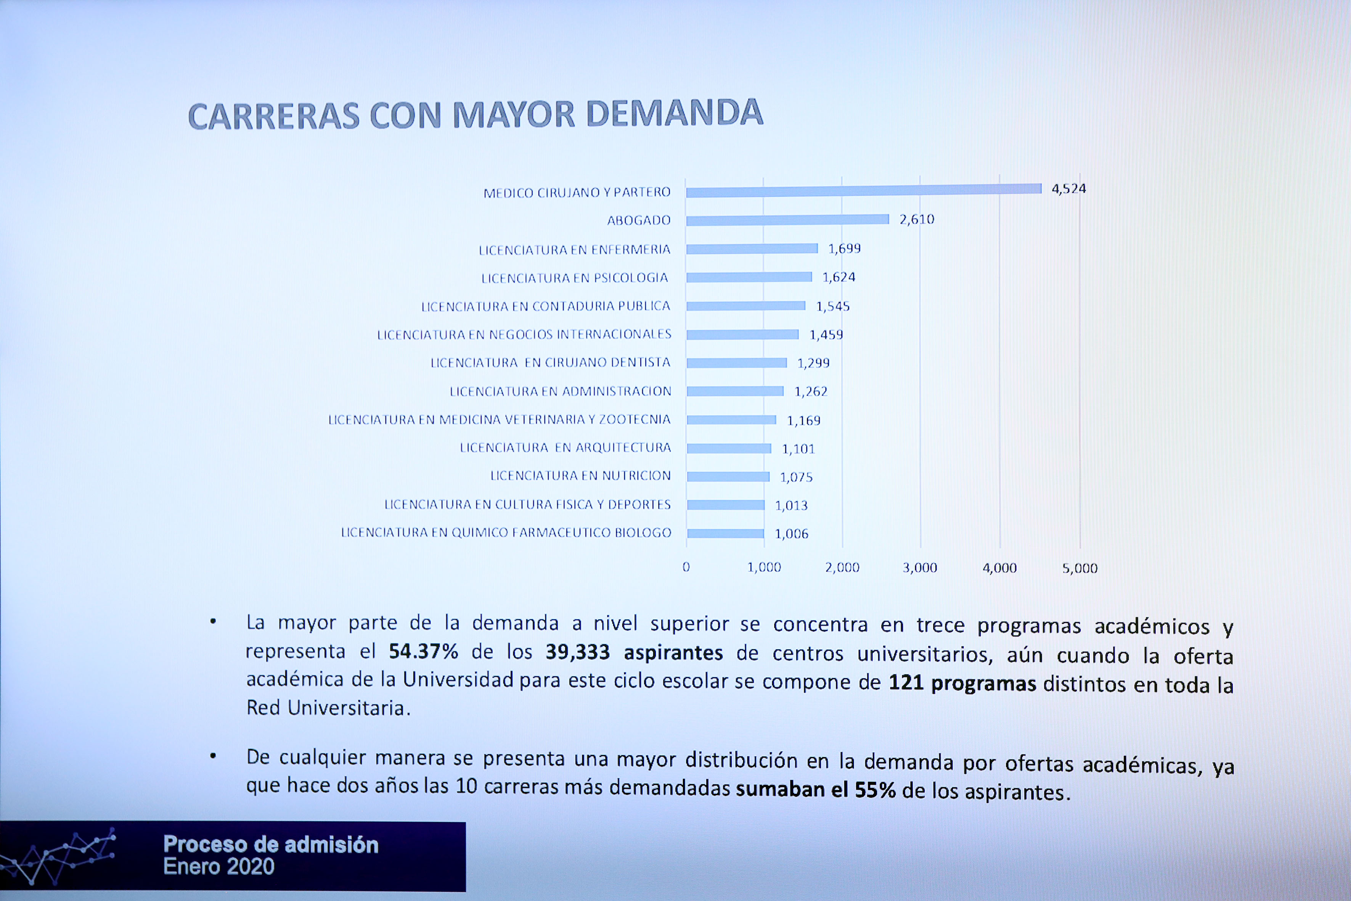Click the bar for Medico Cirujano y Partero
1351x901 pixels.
[x=863, y=190]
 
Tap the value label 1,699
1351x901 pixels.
[x=844, y=249]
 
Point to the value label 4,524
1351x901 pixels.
[x=1068, y=188]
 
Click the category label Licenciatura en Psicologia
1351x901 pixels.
[x=574, y=278]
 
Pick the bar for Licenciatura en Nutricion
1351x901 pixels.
[x=728, y=476]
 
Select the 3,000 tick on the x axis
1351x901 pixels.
[x=920, y=568]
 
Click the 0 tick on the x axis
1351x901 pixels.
[x=686, y=567]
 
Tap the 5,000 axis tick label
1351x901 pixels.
[x=1079, y=568]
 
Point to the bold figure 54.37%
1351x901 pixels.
[x=423, y=652]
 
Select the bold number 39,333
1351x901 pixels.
[x=577, y=652]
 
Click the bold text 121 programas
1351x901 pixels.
[x=962, y=683]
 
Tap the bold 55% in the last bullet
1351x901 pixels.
[x=875, y=790]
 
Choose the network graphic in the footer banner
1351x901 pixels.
[x=58, y=856]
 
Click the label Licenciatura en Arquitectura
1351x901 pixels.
[x=565, y=447]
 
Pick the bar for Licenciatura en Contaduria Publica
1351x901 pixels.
[x=745, y=306]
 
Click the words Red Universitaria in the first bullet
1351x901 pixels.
[x=325, y=708]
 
